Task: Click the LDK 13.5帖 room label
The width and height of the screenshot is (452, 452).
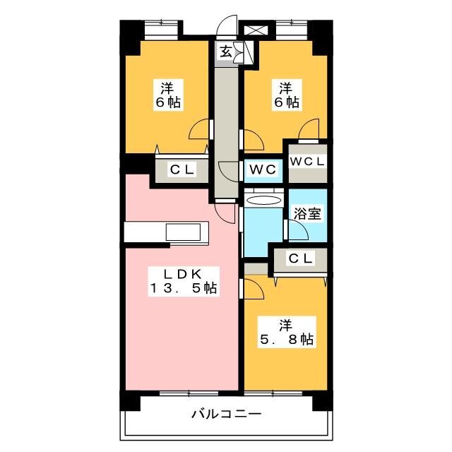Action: [x=184, y=281]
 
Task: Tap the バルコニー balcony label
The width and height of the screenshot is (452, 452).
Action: [x=226, y=415]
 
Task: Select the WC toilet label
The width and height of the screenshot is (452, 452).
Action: [x=263, y=169]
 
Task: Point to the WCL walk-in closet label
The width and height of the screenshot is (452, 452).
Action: [x=307, y=162]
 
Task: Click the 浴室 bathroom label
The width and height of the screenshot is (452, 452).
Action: [x=307, y=213]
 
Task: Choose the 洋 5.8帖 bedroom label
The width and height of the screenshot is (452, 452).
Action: [x=286, y=332]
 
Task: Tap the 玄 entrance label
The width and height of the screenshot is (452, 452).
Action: [x=226, y=52]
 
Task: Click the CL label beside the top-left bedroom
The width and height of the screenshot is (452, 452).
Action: [x=182, y=169]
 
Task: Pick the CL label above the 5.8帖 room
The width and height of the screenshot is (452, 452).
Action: [x=300, y=258]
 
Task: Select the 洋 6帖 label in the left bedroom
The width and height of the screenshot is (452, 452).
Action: [x=168, y=95]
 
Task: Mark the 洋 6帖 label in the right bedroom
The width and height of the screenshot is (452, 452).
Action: [x=286, y=95]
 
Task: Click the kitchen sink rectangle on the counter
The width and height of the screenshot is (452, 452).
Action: [x=183, y=232]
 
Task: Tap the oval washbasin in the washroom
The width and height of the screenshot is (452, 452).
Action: [x=263, y=201]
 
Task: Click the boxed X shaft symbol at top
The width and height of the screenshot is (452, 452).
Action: [x=256, y=30]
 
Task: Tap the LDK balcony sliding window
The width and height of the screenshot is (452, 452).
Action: [x=189, y=393]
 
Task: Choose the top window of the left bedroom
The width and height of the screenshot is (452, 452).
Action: [x=161, y=30]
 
